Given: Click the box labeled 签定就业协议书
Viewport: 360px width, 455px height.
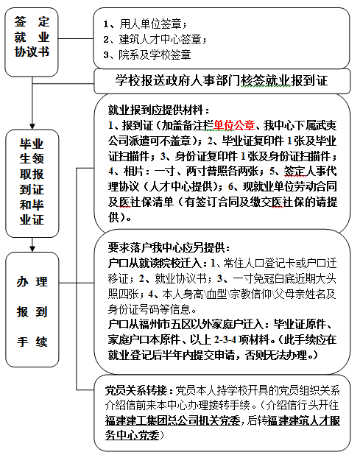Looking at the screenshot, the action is [x=32, y=42].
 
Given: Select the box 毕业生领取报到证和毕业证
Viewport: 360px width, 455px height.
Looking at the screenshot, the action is [x=32, y=183].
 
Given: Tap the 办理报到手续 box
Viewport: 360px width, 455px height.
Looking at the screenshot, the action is [x=32, y=309].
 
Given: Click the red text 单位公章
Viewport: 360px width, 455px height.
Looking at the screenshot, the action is [x=234, y=125].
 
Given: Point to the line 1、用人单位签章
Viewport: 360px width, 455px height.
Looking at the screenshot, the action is [x=145, y=24].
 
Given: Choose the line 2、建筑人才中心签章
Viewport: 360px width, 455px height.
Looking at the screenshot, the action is [x=155, y=39].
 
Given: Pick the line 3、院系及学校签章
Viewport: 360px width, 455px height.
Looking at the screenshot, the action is [x=147, y=54].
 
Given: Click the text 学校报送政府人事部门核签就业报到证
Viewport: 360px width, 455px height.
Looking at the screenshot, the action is [x=222, y=81].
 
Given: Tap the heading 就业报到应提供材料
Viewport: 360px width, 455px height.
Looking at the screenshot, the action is [x=159, y=110].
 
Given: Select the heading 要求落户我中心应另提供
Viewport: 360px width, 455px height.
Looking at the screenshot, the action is [x=169, y=247].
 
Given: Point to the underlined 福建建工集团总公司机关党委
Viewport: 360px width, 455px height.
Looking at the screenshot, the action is [x=173, y=420].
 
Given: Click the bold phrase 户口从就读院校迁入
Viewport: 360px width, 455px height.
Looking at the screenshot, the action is [x=158, y=263].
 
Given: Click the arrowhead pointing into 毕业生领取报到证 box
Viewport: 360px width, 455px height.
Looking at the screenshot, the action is [x=32, y=126].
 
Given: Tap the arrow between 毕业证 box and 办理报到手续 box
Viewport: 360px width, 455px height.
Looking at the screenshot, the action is [x=32, y=244].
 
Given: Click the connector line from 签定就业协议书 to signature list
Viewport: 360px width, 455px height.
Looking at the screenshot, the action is [x=75, y=38].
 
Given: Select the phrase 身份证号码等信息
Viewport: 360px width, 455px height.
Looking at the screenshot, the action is [x=152, y=309].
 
